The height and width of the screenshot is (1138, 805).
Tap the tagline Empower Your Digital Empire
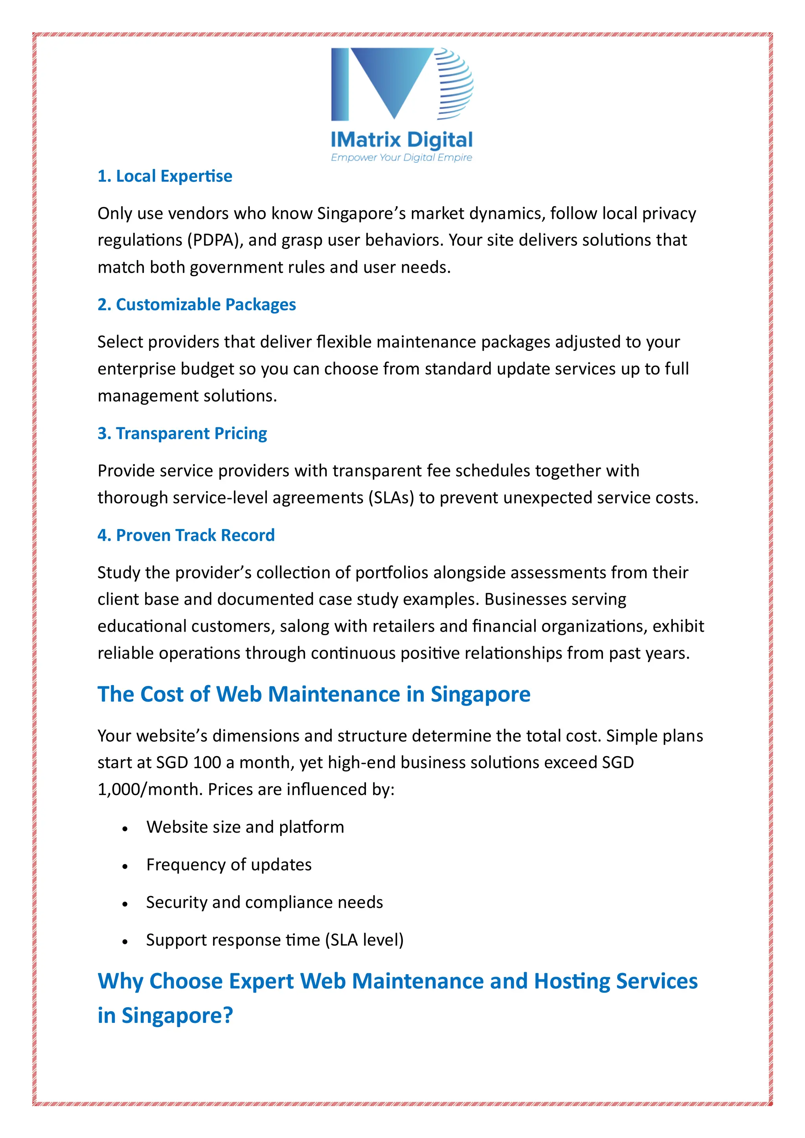(401, 158)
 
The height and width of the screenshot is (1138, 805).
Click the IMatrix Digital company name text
(401, 140)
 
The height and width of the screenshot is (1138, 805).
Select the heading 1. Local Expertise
(165, 176)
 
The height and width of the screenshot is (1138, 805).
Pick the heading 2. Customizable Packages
(197, 304)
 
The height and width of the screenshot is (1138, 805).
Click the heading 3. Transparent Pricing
(182, 433)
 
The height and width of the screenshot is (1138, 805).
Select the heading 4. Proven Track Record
(186, 535)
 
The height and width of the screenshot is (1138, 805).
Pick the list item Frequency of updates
(229, 865)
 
